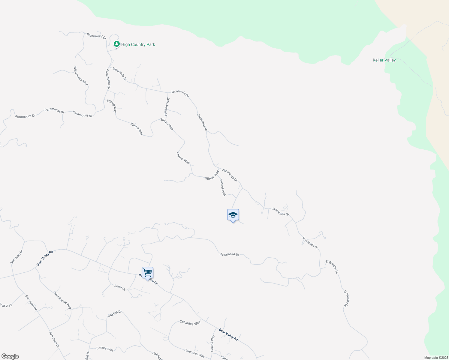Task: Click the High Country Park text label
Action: tap(138, 44)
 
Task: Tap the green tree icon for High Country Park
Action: tap(117, 44)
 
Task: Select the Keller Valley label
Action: tap(384, 60)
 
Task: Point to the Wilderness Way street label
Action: tap(81, 76)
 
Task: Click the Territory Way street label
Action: tap(167, 107)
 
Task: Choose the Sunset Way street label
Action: tap(223, 187)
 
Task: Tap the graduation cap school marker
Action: tap(233, 215)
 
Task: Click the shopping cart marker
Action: tap(147, 273)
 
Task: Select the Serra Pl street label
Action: tap(119, 287)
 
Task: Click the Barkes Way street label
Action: tap(105, 349)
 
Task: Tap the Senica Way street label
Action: tap(212, 343)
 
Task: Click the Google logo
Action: tap(10, 356)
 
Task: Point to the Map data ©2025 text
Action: tap(436, 358)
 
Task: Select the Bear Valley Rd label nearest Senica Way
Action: tap(228, 334)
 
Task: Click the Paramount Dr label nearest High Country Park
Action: tap(96, 36)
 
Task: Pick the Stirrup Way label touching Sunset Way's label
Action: tap(212, 175)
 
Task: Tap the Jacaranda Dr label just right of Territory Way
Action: tap(180, 93)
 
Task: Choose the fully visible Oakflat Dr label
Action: tap(115, 313)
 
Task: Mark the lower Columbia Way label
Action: tap(194, 353)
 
